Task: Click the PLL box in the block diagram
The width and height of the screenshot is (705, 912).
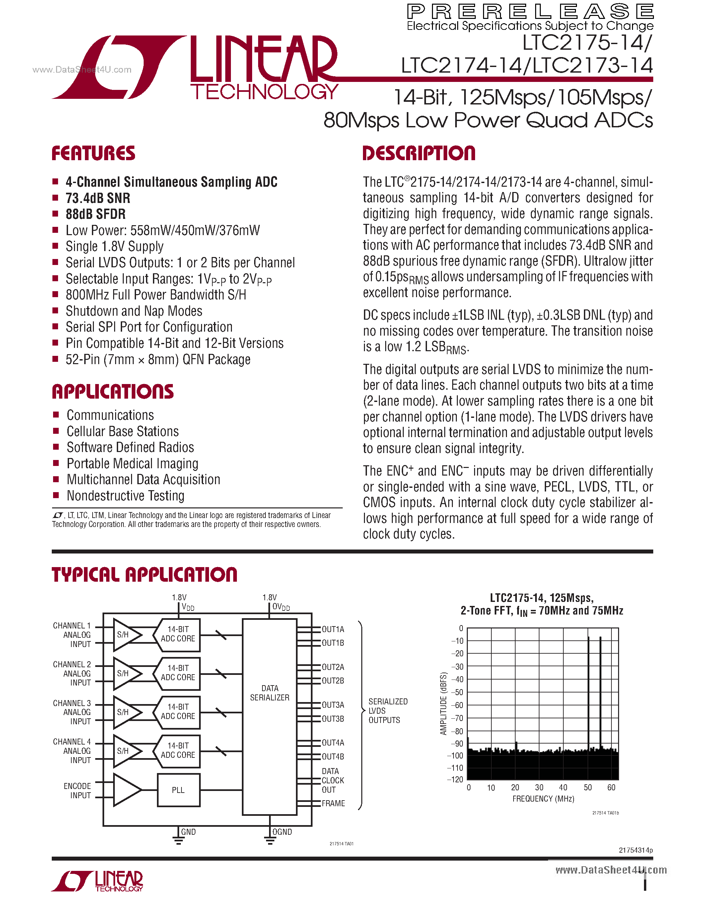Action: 178,790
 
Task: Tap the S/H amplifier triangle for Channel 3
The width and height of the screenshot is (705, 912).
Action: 125,712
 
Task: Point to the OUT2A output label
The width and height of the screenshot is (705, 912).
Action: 333,667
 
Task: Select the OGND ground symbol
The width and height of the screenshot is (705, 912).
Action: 270,840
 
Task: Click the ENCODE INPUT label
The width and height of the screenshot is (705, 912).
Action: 77,791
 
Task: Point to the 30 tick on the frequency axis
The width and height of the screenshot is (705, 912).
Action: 539,788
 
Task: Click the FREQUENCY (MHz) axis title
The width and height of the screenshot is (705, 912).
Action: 543,799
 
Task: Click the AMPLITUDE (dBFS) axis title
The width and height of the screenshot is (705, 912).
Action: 444,704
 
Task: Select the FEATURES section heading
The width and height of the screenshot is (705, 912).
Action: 94,153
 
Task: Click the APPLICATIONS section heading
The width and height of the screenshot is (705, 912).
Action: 113,392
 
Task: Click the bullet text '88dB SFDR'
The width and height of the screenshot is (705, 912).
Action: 96,214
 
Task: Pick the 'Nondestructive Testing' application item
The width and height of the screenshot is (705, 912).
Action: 125,496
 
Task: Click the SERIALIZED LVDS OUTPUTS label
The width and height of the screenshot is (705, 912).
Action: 388,711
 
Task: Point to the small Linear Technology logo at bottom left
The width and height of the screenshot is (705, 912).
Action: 97,881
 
